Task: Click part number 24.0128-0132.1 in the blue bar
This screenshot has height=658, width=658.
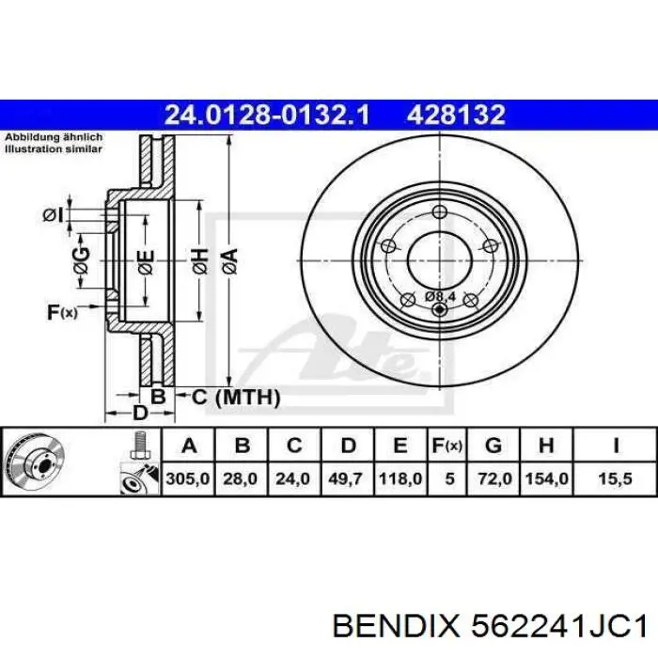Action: click(x=267, y=115)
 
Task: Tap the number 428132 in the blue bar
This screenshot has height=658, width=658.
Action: click(x=456, y=115)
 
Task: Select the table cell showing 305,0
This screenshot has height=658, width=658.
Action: click(x=188, y=478)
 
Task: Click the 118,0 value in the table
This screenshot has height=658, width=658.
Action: click(x=400, y=478)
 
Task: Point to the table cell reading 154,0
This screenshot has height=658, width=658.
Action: click(x=547, y=478)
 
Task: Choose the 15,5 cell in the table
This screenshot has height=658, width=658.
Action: click(x=615, y=478)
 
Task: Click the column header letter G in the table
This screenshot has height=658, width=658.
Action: click(x=493, y=446)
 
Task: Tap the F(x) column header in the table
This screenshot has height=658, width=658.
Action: click(x=447, y=446)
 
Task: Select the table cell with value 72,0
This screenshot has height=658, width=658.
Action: click(x=493, y=478)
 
